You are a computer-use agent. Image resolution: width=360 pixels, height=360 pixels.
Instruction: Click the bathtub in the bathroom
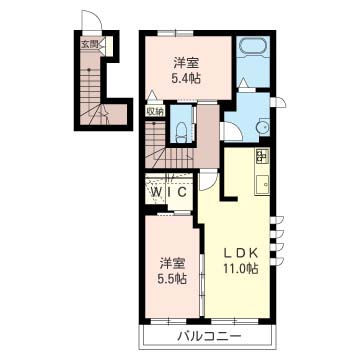(x=253, y=46)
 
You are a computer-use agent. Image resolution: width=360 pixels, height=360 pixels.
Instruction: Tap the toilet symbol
(x=181, y=130)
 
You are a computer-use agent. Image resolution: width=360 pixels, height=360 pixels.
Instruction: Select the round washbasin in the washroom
(x=262, y=128)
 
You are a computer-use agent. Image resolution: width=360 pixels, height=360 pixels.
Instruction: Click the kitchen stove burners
(x=262, y=156)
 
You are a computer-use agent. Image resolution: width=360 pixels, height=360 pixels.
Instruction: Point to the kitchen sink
(x=262, y=184)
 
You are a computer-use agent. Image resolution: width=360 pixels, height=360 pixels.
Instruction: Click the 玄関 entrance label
(x=89, y=44)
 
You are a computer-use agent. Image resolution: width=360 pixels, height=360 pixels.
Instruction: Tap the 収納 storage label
(x=155, y=111)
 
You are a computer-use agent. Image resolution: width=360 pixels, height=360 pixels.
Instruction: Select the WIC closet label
(x=169, y=192)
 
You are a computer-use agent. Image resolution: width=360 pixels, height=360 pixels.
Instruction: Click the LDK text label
(x=240, y=253)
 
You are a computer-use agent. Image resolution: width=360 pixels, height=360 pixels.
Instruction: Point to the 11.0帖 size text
(x=241, y=268)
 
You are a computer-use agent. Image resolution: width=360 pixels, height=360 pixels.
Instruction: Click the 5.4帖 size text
(x=186, y=78)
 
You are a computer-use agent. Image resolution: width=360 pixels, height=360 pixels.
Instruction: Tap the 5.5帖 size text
(x=172, y=278)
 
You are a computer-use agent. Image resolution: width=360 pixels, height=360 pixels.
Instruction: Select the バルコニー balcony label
(x=209, y=336)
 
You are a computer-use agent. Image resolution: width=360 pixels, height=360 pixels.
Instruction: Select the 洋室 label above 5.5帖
(x=172, y=263)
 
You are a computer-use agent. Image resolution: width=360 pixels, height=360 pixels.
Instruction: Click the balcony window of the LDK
(x=235, y=321)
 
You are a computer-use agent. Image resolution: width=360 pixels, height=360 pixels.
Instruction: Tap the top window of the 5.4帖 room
(x=176, y=33)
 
